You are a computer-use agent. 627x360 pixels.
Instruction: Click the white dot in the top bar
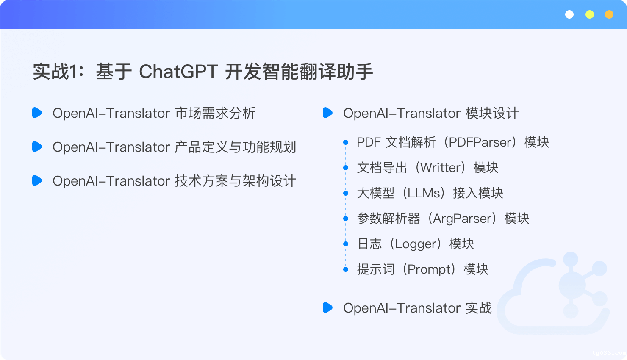coord(569,14)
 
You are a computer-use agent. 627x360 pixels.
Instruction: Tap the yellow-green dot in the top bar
coord(590,14)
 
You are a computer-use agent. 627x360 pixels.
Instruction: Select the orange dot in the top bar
coord(609,14)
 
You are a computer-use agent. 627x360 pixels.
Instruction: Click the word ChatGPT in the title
coord(178,72)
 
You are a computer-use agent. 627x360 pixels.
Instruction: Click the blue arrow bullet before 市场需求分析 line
coord(37,113)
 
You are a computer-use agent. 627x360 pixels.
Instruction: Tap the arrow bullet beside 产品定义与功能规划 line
coord(37,147)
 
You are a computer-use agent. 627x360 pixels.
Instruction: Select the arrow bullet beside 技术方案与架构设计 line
coord(37,180)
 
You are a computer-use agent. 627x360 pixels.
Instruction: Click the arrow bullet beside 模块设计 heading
coord(327,113)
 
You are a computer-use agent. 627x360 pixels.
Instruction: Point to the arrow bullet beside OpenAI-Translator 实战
coord(327,307)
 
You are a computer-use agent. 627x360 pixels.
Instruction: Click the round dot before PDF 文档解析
coord(346,142)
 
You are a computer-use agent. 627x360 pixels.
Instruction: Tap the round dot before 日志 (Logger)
coord(346,244)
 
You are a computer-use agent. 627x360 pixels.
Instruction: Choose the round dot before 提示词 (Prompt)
coord(346,270)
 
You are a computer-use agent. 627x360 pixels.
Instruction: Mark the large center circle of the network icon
coord(572,285)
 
